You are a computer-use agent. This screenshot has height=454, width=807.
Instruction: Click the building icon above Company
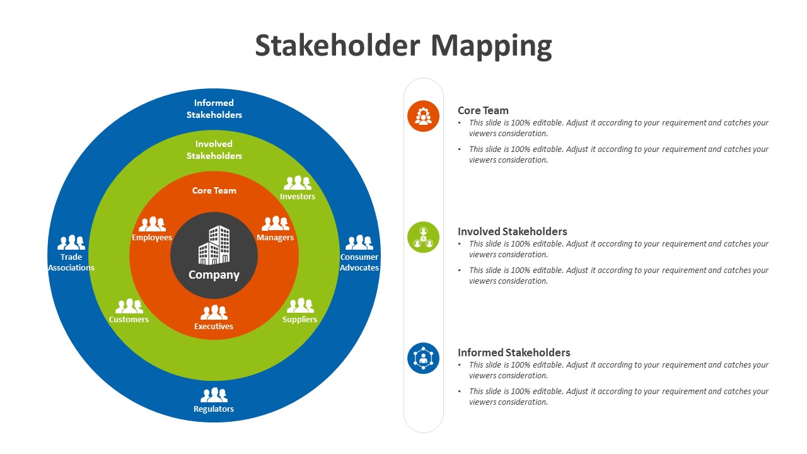tap(214, 245)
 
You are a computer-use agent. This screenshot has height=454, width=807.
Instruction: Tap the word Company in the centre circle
tap(214, 275)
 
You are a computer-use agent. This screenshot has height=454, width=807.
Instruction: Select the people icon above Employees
tap(152, 224)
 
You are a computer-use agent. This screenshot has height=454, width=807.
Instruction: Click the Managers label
tap(275, 238)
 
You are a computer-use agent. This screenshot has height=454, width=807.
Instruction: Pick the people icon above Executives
tap(214, 312)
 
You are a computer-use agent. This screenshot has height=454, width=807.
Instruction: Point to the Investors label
tap(298, 197)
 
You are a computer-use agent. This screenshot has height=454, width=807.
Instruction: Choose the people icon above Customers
tap(129, 306)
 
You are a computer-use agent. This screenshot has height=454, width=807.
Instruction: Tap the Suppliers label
tap(299, 320)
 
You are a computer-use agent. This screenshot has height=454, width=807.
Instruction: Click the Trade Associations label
tap(71, 262)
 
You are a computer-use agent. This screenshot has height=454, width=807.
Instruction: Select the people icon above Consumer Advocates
tap(359, 242)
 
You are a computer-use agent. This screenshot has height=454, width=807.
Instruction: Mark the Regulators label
tap(214, 409)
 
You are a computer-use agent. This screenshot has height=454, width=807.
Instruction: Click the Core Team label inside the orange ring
tap(214, 190)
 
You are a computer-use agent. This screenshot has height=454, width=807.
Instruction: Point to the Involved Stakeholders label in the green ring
tap(214, 150)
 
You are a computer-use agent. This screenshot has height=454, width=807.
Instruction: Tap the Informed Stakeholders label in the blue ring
tap(214, 109)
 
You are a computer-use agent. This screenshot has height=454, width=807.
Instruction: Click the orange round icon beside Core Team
tap(423, 116)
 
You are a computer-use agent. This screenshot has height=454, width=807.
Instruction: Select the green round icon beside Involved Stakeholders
tap(423, 237)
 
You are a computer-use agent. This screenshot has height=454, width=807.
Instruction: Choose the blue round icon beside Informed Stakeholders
tap(423, 358)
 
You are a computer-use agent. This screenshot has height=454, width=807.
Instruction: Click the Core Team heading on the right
tap(483, 110)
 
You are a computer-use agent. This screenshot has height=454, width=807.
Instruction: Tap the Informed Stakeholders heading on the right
tap(514, 352)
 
